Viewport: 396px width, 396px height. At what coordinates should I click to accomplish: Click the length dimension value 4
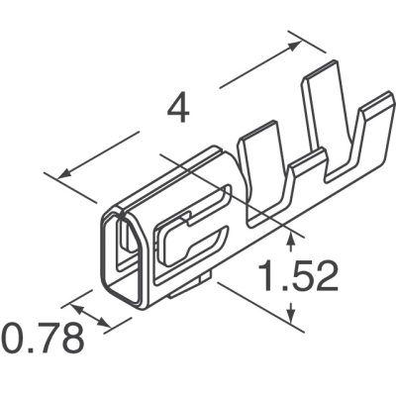pos(179,109)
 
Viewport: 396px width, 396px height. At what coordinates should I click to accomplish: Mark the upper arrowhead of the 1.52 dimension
pos(291,234)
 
